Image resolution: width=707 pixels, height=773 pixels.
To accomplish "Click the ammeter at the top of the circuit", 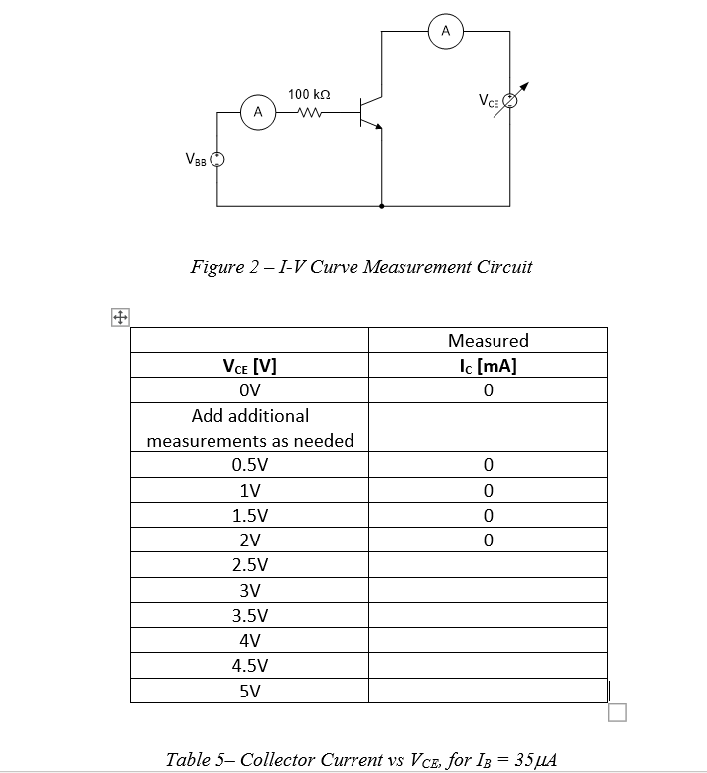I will click(x=446, y=32).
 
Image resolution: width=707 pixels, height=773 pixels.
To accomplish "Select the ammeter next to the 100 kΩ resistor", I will click(x=258, y=112).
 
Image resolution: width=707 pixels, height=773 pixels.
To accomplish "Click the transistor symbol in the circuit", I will click(x=373, y=111).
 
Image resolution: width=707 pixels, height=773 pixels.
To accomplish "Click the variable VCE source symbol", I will click(x=511, y=100).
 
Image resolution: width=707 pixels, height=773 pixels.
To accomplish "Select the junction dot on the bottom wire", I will click(x=383, y=207).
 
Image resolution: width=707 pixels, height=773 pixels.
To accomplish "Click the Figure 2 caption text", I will click(x=361, y=266).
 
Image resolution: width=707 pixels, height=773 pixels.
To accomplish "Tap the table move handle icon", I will click(x=119, y=318).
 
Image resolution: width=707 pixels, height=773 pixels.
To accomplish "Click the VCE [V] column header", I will click(x=249, y=365).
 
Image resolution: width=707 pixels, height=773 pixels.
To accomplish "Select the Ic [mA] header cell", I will click(x=488, y=365).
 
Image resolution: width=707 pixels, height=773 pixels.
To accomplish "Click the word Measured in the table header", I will click(x=488, y=341).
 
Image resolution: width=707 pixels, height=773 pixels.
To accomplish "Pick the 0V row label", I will click(x=249, y=389).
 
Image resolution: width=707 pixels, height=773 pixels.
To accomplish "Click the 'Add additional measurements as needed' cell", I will click(x=249, y=427).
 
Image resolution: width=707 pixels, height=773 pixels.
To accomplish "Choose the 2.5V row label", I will click(x=249, y=565).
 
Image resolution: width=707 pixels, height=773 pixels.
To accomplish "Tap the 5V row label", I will click(x=249, y=691).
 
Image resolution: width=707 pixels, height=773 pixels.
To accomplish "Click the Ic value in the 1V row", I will click(x=488, y=490).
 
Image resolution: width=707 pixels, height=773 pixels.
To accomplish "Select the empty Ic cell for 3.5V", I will click(x=488, y=615).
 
